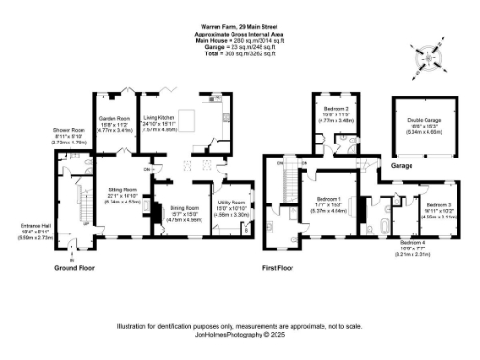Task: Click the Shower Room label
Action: click(x=69, y=135)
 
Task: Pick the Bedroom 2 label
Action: click(x=336, y=112)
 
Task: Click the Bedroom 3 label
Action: click(x=439, y=207)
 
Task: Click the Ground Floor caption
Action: click(x=65, y=267)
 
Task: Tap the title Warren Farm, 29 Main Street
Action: click(x=239, y=27)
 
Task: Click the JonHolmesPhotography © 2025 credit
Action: click(x=239, y=333)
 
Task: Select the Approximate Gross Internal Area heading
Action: click(x=239, y=34)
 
